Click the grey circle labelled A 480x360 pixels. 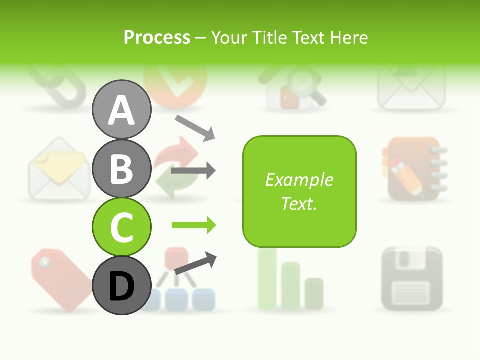(x=121, y=109)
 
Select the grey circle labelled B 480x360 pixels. (x=121, y=168)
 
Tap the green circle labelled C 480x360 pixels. (x=121, y=227)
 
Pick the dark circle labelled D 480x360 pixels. (x=121, y=285)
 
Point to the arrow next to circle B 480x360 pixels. (x=193, y=171)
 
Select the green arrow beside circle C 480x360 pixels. (x=193, y=225)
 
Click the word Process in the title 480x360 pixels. (x=157, y=37)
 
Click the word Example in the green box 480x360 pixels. (x=299, y=180)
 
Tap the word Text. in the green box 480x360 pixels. (x=299, y=204)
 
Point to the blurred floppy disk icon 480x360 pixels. (x=412, y=278)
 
